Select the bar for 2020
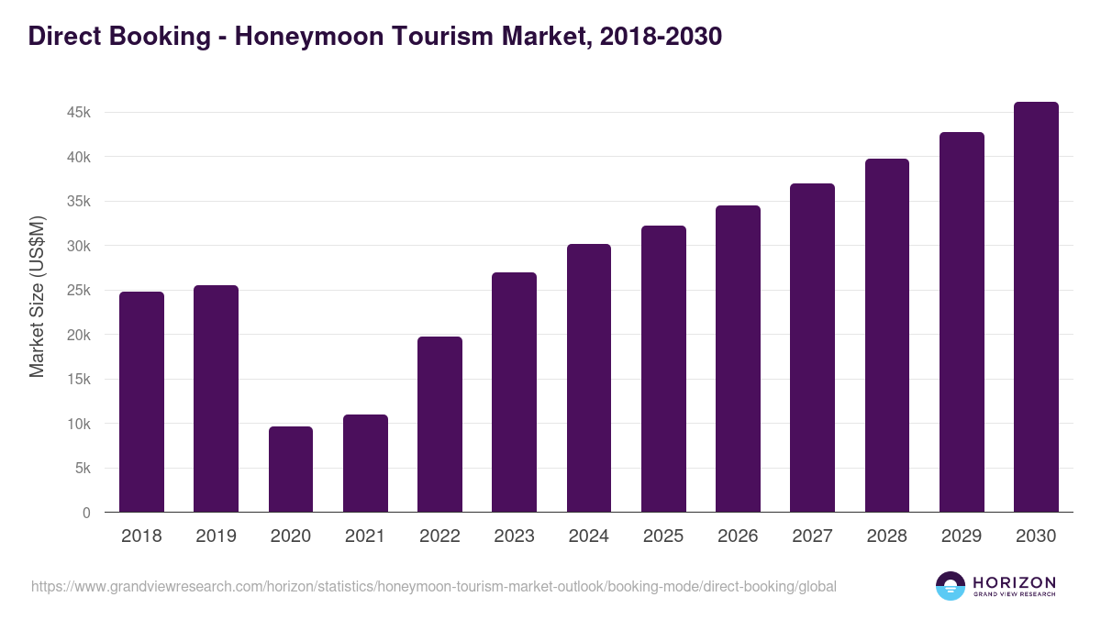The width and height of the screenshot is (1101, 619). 291,470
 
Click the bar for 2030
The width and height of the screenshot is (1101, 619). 1036,307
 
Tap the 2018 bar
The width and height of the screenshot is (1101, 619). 141,402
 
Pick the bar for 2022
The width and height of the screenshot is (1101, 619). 439,425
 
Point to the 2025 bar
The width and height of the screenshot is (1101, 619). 663,369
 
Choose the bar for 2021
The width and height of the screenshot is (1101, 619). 365,463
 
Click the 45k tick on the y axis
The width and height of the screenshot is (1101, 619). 77,113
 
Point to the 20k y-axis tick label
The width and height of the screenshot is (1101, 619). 77,336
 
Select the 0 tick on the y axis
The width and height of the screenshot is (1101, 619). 86,514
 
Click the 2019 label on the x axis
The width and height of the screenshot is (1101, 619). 216,536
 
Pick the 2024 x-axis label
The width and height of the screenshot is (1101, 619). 588,536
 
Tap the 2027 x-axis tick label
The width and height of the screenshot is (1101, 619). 812,536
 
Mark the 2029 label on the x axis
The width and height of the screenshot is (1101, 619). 962,536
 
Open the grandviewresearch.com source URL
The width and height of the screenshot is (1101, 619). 434,586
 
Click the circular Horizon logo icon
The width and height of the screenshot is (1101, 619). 951,586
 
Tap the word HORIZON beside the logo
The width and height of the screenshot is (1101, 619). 1015,582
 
